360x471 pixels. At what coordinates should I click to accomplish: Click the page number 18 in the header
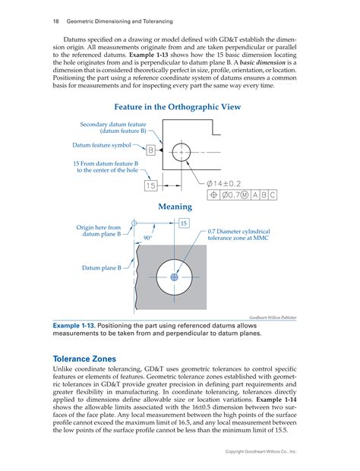(x=56, y=21)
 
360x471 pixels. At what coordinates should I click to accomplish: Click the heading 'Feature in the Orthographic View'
(x=178, y=107)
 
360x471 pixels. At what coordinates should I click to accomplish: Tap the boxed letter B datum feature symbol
(x=150, y=150)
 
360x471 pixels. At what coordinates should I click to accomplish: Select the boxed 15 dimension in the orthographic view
(x=150, y=185)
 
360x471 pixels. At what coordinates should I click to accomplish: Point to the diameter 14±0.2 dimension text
(x=224, y=184)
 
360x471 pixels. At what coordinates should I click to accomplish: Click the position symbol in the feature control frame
(x=213, y=195)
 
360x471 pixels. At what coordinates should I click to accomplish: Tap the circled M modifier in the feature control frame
(x=245, y=195)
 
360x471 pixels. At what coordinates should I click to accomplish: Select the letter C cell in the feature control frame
(x=273, y=195)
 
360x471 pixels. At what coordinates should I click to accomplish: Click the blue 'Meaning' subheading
(x=175, y=207)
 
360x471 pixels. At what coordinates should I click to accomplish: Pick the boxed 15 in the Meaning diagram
(x=184, y=223)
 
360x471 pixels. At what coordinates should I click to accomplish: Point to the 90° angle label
(x=148, y=238)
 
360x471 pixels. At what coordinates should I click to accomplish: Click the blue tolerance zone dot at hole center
(x=174, y=277)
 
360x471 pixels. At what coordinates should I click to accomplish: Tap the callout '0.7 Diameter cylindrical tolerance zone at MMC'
(x=238, y=235)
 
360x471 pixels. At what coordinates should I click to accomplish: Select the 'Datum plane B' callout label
(x=102, y=267)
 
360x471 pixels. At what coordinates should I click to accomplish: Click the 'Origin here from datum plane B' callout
(x=99, y=231)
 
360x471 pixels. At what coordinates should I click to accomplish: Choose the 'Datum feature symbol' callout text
(x=102, y=145)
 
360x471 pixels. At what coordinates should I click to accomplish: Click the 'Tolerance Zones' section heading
(x=84, y=359)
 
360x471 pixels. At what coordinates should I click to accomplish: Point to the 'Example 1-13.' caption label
(x=74, y=326)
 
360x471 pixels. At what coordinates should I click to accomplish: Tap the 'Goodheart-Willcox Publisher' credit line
(x=273, y=318)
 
